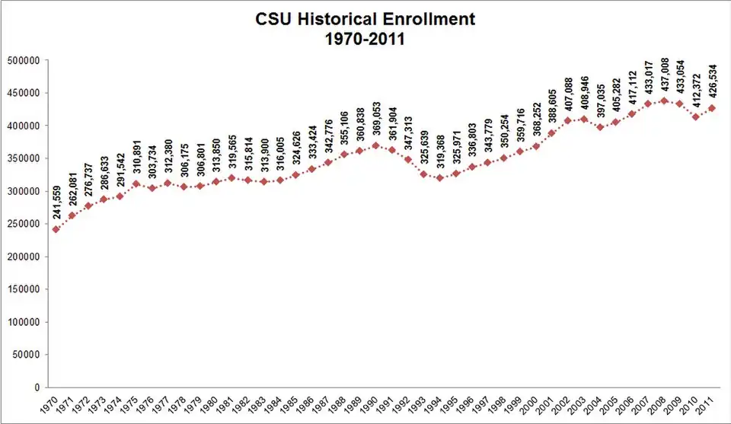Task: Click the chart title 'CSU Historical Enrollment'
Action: point(365,19)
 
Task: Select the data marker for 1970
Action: point(56,229)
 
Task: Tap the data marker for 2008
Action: point(664,100)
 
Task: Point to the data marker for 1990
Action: point(375,145)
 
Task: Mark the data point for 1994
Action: point(439,178)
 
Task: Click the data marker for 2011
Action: point(712,108)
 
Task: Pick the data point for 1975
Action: point(136,183)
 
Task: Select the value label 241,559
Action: point(57,202)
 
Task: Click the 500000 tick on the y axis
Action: point(24,61)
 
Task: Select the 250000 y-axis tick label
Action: point(24,224)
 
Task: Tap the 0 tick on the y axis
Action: point(37,387)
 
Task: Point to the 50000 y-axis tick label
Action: point(26,355)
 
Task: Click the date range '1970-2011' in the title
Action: point(365,39)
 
